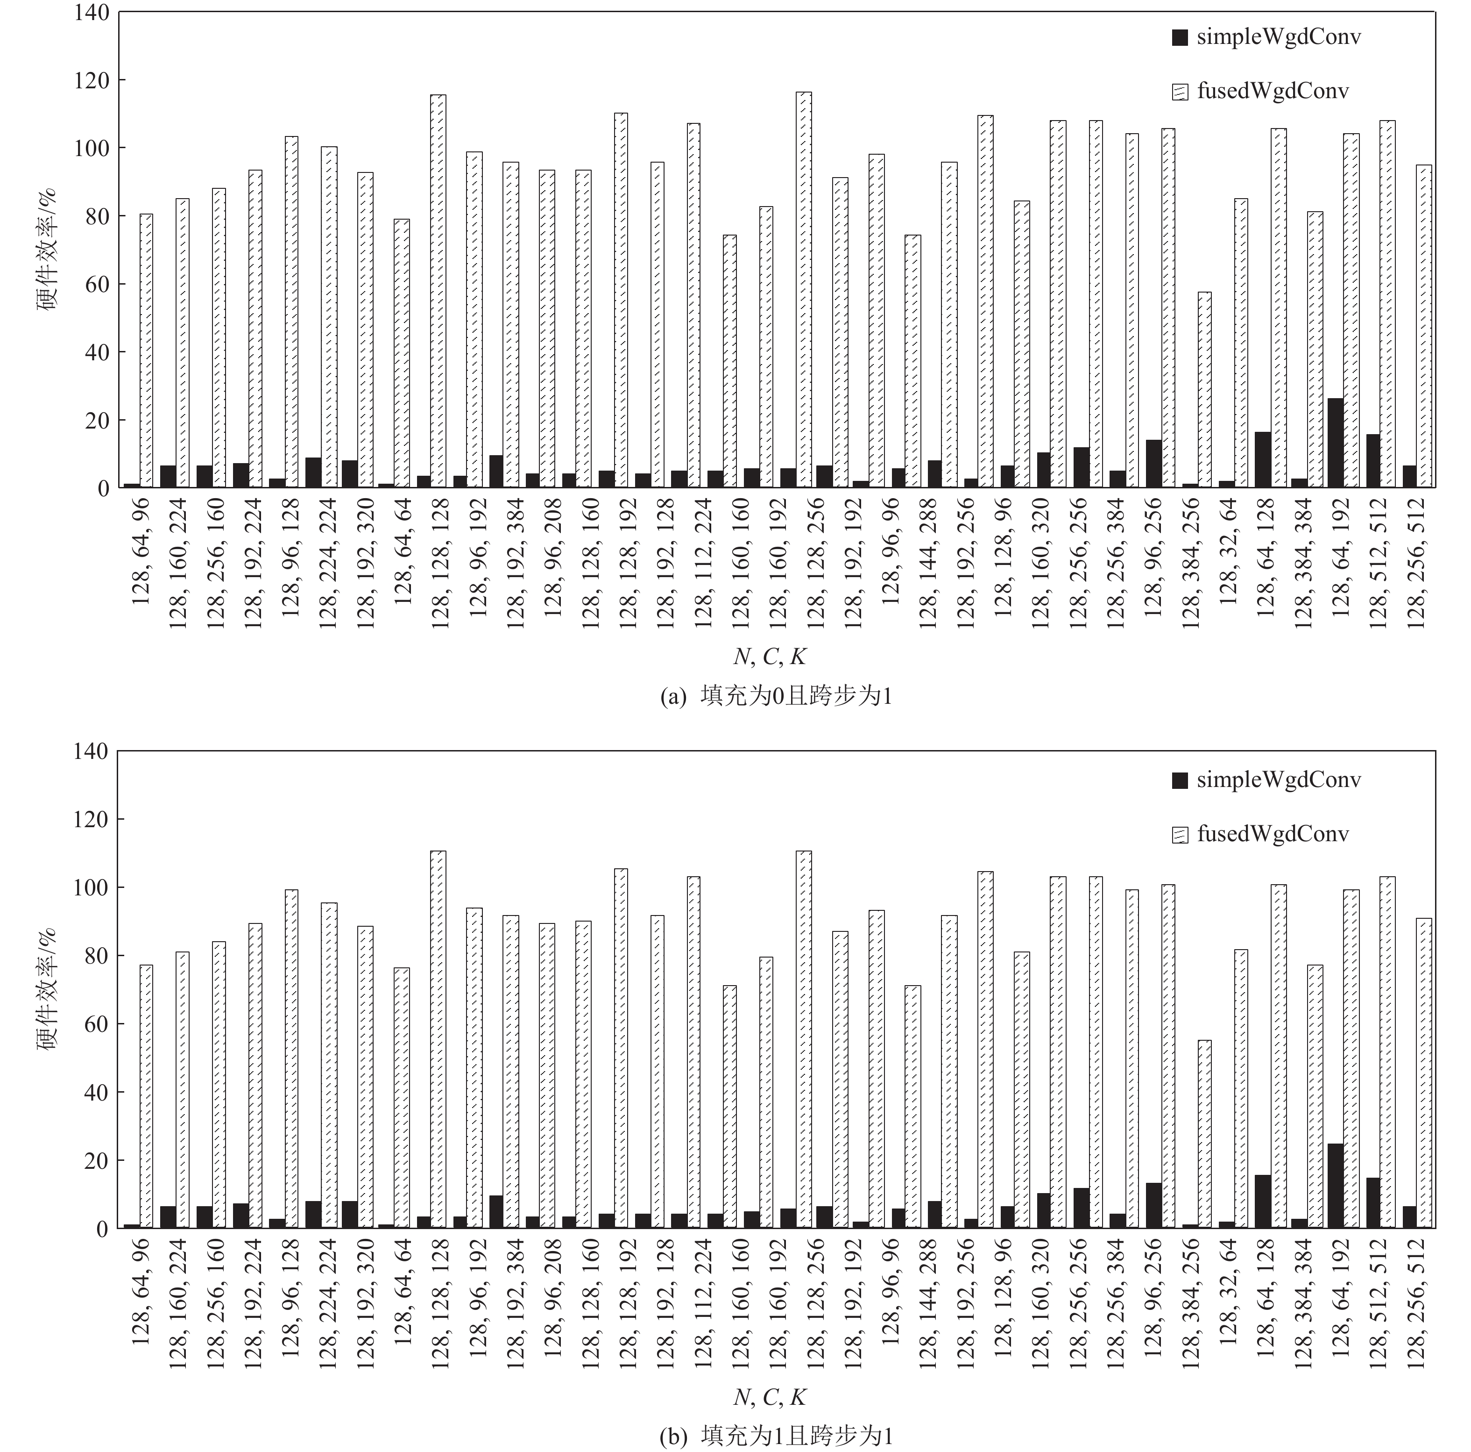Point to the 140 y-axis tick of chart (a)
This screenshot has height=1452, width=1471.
point(92,13)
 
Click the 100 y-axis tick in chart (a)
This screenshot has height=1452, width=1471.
point(92,148)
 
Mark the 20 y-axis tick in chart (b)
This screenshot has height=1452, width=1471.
point(98,1161)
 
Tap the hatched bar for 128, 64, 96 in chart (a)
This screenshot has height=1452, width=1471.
point(146,350)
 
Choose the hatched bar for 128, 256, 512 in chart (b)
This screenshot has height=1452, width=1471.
point(1424,1073)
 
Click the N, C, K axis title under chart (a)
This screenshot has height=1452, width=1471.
point(769,656)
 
